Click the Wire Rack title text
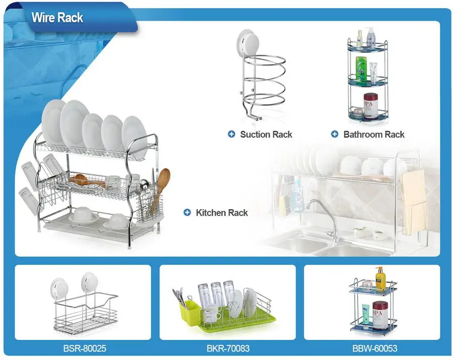click(x=57, y=18)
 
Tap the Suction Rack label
click(x=266, y=134)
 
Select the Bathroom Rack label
click(x=374, y=134)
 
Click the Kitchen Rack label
click(x=222, y=213)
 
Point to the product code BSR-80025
click(x=84, y=348)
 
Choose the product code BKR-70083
click(x=228, y=348)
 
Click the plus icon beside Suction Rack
click(x=231, y=134)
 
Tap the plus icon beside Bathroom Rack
click(x=335, y=134)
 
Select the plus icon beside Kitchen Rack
click(x=187, y=213)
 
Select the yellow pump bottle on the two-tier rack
click(x=380, y=278)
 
